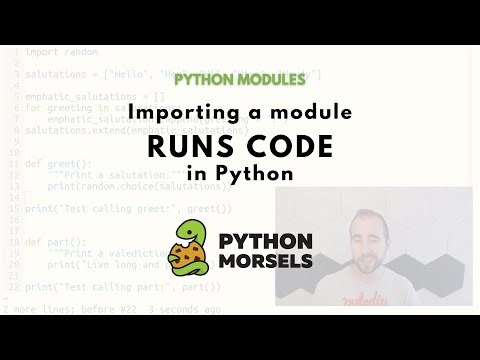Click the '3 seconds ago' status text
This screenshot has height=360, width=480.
coord(190,310)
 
